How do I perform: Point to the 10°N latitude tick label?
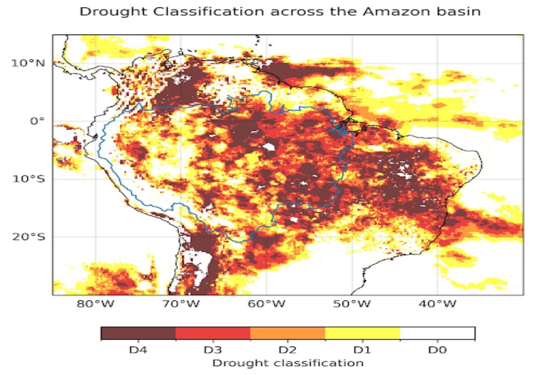[28, 63]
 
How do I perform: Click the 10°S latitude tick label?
[28, 179]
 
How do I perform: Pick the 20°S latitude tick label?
[28, 236]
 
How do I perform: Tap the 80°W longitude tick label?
[95, 304]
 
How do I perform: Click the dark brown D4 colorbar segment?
[138, 333]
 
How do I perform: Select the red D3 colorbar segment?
[213, 333]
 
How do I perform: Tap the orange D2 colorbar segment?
[287, 333]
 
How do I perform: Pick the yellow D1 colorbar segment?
[362, 333]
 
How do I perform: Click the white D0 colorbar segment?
[437, 333]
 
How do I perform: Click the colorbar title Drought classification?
[287, 362]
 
